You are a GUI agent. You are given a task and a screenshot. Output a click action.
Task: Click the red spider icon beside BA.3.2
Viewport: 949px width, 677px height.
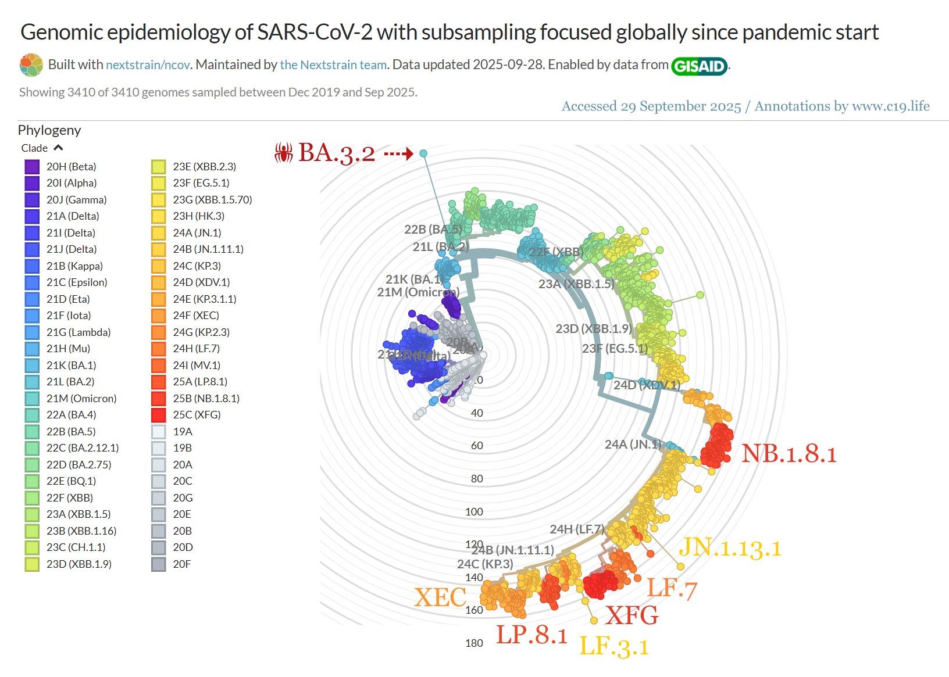click(284, 153)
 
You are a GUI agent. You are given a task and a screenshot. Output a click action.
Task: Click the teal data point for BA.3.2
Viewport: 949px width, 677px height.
click(423, 153)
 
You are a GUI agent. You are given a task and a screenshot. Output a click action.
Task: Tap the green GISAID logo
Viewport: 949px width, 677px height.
click(700, 66)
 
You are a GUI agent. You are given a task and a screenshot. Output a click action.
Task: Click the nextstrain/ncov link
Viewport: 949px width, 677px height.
click(148, 65)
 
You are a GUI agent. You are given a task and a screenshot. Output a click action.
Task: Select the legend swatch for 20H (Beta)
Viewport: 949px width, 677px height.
click(32, 167)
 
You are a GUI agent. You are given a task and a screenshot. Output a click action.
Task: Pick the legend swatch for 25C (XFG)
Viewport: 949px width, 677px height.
click(158, 415)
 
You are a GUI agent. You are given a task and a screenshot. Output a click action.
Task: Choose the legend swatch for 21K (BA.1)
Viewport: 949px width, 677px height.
click(32, 366)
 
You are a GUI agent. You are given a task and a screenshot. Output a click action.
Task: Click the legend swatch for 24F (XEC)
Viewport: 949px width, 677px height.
click(158, 316)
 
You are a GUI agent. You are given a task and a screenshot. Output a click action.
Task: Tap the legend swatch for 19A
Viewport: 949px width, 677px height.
click(158, 432)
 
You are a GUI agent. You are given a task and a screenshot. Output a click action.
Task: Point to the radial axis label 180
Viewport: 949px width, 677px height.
click(474, 643)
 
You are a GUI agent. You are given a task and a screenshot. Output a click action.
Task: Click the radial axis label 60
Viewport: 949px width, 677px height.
click(477, 446)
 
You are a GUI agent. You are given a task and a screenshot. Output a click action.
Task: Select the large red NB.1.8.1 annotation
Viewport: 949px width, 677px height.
click(789, 454)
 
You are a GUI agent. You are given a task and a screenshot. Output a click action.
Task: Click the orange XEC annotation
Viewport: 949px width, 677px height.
click(440, 597)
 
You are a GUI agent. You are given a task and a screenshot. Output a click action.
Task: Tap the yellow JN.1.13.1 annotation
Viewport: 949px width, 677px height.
click(730, 547)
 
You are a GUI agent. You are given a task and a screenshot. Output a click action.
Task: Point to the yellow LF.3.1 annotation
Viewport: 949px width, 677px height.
click(614, 646)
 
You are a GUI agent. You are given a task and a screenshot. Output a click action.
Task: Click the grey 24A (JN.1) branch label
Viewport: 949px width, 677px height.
click(633, 445)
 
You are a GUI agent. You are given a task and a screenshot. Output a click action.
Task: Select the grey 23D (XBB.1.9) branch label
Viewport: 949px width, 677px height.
click(593, 328)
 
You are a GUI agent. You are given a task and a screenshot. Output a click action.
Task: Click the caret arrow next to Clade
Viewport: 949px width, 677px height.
click(58, 148)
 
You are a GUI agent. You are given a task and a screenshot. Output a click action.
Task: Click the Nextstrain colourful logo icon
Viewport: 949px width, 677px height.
click(31, 65)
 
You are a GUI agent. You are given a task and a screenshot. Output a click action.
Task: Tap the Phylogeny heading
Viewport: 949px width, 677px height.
click(49, 130)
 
